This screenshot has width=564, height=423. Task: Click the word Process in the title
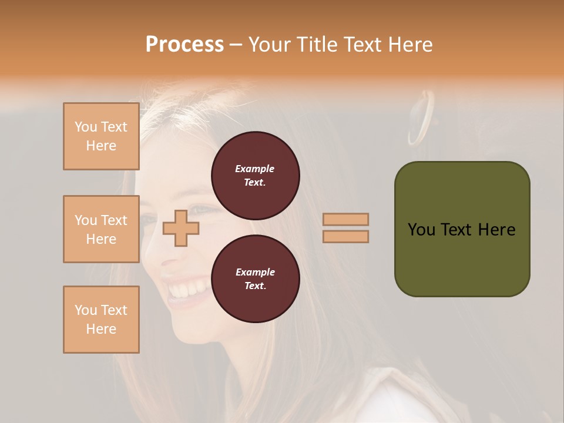coord(184,45)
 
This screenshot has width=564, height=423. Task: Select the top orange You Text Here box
coord(101,136)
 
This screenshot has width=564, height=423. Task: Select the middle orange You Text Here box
coord(101,229)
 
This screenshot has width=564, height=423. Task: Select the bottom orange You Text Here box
coord(101,320)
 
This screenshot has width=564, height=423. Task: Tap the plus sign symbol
coord(180,228)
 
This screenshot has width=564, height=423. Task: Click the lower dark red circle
coord(255,300)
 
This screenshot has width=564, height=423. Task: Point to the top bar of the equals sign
coord(345,220)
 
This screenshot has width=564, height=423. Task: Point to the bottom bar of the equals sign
coord(345,236)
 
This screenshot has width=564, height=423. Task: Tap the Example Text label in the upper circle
coord(255,175)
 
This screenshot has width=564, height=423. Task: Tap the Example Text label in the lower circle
coord(255,278)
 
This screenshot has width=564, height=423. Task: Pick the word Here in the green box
coord(496,230)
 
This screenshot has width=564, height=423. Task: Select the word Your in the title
coord(270,45)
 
